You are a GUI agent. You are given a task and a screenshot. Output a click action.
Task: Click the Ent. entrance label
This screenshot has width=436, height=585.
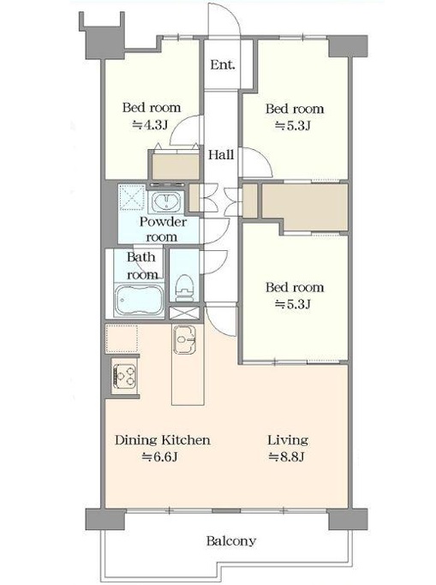(x=223, y=65)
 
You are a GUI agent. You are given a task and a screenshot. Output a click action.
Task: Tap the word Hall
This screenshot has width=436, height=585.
(x=221, y=154)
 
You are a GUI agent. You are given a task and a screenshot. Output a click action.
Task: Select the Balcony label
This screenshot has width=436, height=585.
(x=231, y=541)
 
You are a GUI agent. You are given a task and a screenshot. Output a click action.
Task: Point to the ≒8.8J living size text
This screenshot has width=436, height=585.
(x=287, y=457)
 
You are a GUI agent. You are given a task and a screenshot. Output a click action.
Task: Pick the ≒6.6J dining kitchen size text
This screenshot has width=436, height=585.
(x=159, y=457)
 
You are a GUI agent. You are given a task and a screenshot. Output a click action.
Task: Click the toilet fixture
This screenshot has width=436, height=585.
(x=185, y=288)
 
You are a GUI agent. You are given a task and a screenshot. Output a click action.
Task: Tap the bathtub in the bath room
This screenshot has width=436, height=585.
(x=139, y=300)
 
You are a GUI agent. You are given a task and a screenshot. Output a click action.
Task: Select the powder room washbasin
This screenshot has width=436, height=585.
(x=166, y=201)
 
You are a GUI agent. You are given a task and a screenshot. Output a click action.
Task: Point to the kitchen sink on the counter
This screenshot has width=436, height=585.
(x=184, y=339)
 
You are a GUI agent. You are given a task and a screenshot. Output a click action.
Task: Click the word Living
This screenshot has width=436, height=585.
(x=288, y=440)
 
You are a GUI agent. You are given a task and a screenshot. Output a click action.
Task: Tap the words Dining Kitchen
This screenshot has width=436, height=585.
(x=162, y=440)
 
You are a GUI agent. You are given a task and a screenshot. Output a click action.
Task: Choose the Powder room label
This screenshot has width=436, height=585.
(x=162, y=230)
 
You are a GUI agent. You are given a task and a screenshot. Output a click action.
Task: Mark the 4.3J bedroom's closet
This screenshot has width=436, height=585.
(x=175, y=165)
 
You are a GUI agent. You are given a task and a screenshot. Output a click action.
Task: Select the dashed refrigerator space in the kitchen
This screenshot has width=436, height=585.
(x=122, y=339)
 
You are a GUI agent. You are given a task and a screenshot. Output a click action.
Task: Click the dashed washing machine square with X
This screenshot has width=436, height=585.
(x=132, y=198)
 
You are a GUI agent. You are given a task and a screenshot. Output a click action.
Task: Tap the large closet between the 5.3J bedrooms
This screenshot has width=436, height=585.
(x=305, y=206)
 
